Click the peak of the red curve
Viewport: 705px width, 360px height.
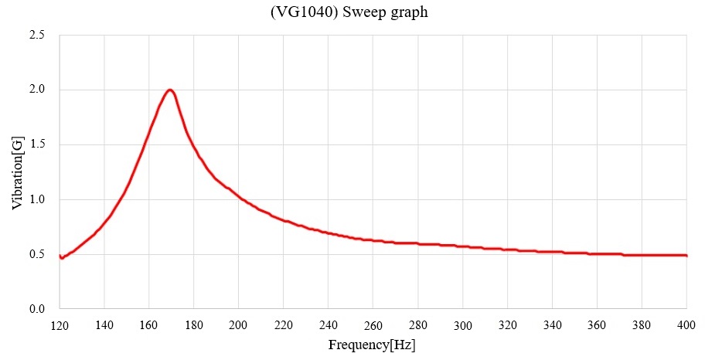(170, 90)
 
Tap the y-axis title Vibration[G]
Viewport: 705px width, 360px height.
(17, 172)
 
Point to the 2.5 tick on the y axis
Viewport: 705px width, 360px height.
(36, 36)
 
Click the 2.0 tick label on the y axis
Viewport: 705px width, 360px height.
(36, 90)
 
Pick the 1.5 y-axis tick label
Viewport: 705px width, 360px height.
(36, 145)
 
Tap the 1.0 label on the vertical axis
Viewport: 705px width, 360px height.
(36, 200)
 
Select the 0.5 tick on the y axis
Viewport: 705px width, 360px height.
(36, 255)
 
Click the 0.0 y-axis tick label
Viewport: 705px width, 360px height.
(36, 310)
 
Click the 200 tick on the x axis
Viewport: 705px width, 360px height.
(238, 324)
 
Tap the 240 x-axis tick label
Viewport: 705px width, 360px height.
(328, 324)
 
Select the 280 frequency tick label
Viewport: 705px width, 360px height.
(417, 324)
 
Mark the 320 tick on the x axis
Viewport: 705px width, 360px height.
(507, 324)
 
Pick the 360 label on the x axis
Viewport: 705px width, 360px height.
(597, 324)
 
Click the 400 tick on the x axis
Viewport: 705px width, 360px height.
(686, 324)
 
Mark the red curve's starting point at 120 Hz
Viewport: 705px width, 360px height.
(60, 256)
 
